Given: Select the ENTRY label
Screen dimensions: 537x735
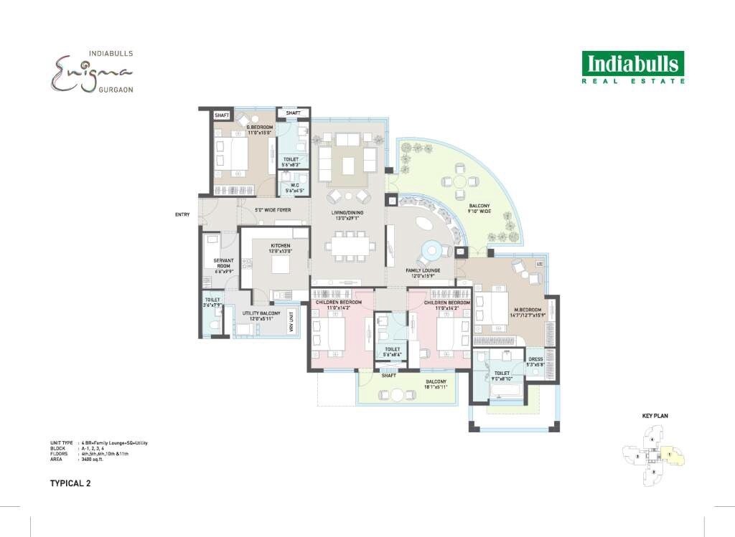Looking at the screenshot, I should pos(182,214).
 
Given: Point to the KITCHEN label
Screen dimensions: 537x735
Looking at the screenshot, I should pos(281,248).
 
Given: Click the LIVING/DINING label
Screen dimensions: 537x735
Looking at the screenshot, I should pos(347,214).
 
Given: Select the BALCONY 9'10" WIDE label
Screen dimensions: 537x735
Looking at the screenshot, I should pos(479,208).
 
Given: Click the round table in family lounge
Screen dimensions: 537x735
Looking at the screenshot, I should pos(433,250).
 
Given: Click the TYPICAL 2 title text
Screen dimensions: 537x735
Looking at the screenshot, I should pos(70,483).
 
